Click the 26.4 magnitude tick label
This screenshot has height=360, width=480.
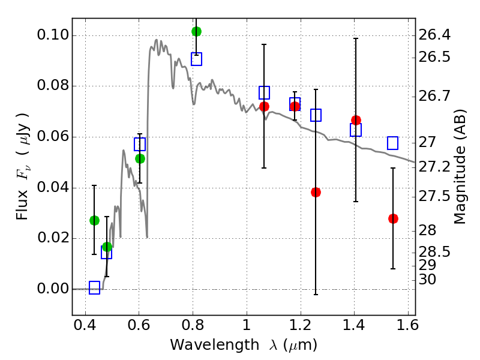436,35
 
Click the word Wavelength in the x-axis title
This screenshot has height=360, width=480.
203,345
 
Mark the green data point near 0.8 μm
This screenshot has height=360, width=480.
196,31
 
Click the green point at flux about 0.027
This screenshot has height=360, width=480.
94,220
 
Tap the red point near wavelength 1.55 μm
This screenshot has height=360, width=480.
393,218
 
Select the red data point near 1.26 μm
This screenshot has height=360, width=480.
316,192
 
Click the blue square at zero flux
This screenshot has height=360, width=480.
94,288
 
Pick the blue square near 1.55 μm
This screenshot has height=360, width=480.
393,143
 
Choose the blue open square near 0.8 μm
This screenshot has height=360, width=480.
196,59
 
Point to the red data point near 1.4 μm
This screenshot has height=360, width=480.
356,120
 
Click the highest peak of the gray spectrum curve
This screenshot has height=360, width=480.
156,40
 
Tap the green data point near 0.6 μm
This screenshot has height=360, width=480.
140,158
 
